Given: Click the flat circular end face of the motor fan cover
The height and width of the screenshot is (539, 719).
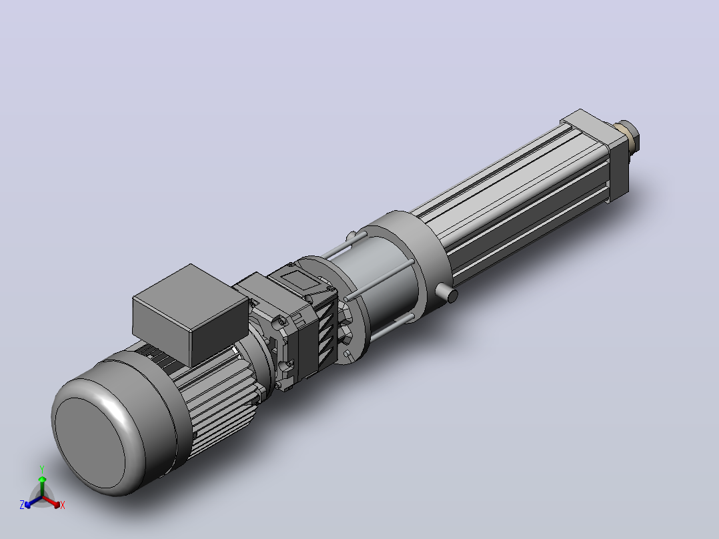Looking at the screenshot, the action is click(x=90, y=443).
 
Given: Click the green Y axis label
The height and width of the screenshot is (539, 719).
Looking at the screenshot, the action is click(x=42, y=470).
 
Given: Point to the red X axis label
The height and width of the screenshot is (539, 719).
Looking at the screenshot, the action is click(x=63, y=505).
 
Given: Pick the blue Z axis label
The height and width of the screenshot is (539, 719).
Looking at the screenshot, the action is click(x=22, y=505).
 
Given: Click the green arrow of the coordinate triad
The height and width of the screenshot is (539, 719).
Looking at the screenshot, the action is click(x=42, y=486).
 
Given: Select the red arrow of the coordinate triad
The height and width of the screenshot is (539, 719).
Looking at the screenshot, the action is click(x=51, y=502).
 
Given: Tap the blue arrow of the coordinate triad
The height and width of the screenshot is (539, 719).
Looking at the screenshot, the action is click(x=33, y=502).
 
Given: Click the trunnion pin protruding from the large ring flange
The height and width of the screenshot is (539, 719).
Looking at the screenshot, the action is click(x=446, y=293).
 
